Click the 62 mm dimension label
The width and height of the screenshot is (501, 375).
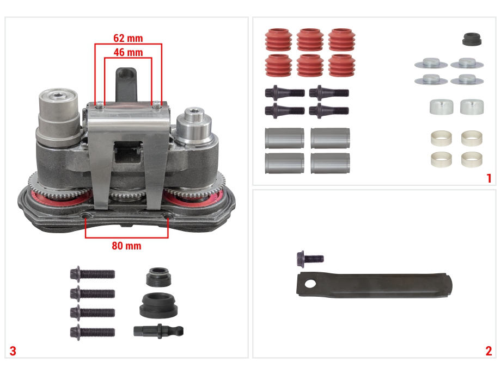(128, 38)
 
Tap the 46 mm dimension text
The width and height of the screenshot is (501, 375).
(128, 52)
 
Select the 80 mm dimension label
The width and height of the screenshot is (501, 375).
(126, 246)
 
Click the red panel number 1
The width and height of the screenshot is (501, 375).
(489, 178)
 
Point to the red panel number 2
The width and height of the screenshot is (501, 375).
(488, 351)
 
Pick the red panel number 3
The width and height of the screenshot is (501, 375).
(13, 351)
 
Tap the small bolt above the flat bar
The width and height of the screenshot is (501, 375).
(310, 258)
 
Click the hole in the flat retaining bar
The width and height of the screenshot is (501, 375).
(310, 283)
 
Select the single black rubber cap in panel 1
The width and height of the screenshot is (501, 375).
(472, 39)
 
